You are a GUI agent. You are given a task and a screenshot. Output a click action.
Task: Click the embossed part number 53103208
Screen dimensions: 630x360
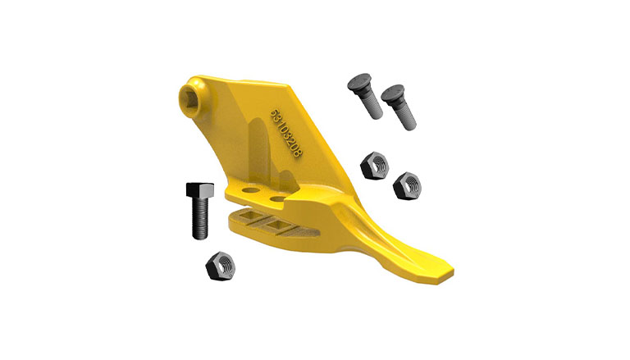click(x=286, y=134)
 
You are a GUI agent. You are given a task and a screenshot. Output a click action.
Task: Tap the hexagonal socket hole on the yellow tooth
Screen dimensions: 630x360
click(x=188, y=100)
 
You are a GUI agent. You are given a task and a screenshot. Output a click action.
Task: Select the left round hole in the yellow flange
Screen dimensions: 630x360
click(x=250, y=189)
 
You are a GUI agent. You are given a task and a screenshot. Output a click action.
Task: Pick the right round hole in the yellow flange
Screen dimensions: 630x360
click(x=277, y=198)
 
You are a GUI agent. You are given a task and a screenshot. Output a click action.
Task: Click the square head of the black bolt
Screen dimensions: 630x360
click(x=199, y=189)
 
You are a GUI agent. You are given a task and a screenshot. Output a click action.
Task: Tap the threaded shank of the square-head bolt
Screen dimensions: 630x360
click(x=200, y=218)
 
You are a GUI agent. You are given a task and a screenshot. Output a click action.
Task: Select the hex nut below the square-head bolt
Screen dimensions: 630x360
click(x=220, y=266)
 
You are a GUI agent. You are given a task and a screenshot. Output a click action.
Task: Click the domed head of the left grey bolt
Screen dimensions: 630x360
click(x=358, y=81)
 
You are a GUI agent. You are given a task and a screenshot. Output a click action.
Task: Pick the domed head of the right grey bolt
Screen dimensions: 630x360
click(x=393, y=93)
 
